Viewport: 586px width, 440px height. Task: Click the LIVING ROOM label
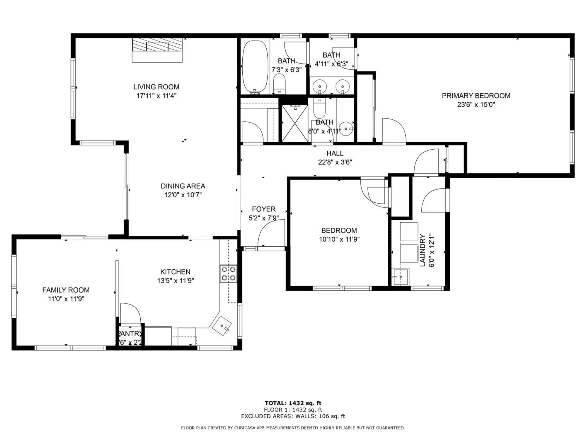tap(156, 87)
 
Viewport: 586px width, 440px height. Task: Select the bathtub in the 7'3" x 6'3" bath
tap(255, 67)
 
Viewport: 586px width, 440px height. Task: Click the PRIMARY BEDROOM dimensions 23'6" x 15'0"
tap(476, 104)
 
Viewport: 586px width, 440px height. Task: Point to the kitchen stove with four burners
tap(228, 273)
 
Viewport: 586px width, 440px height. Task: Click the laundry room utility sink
tap(400, 277)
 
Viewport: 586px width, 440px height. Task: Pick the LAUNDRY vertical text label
tap(423, 250)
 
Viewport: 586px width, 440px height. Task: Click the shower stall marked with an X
tap(294, 123)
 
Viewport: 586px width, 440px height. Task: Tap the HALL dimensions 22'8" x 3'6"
tap(335, 162)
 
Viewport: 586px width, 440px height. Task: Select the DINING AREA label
tap(183, 186)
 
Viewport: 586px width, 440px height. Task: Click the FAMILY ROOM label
tap(66, 290)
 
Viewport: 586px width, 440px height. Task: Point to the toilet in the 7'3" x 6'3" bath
tap(279, 83)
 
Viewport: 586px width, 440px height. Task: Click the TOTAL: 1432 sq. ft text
tap(293, 403)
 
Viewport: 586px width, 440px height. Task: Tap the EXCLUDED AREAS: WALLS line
tap(293, 416)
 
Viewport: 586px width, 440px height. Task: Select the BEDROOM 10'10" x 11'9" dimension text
tap(339, 239)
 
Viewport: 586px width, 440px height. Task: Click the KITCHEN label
tap(175, 272)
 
